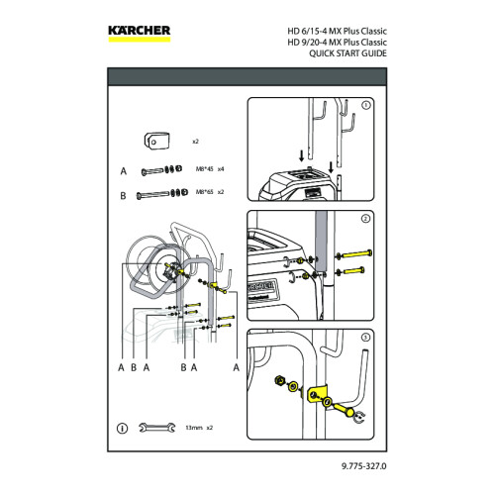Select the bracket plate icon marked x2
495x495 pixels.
point(152,141)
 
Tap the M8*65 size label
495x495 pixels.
point(202,194)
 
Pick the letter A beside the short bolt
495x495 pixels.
point(123,171)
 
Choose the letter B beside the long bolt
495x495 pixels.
point(123,195)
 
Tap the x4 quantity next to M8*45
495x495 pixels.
point(222,171)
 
